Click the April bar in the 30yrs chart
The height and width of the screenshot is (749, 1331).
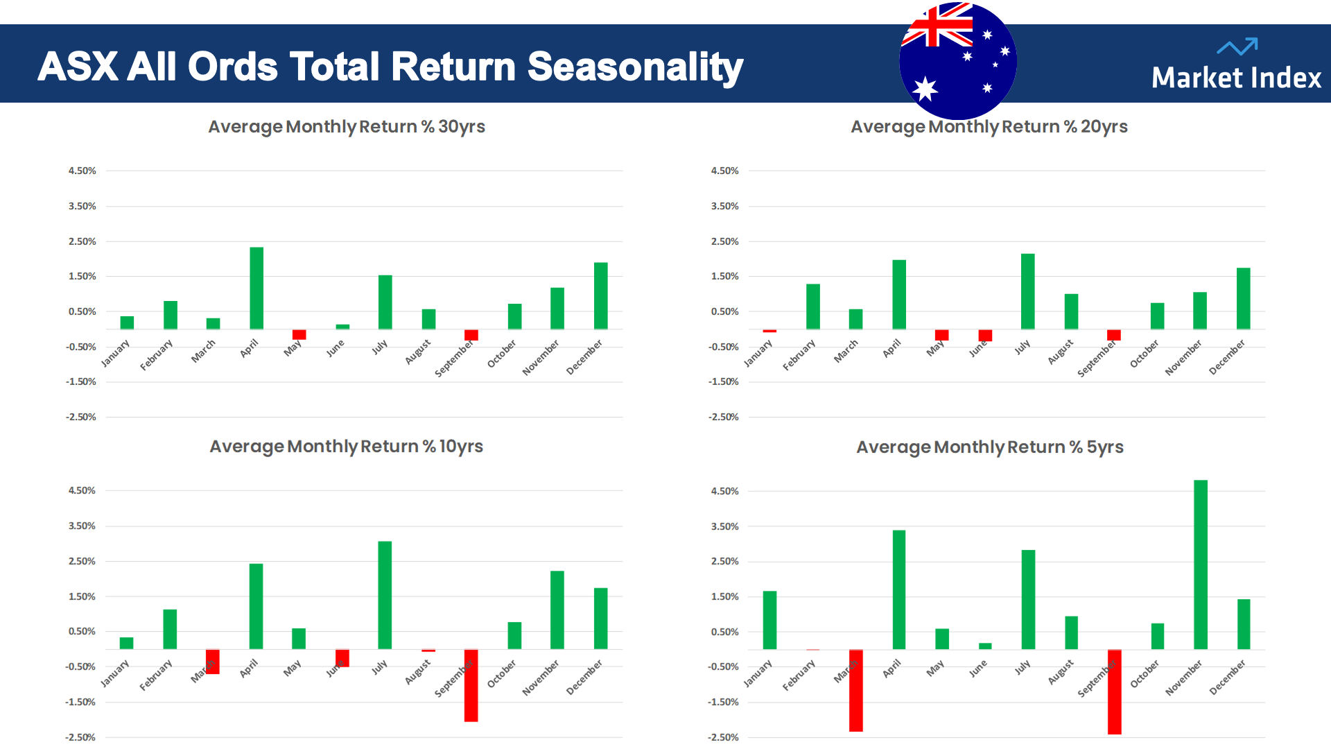256,288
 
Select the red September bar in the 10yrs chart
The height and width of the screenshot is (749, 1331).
471,685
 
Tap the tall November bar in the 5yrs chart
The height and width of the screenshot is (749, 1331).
1201,565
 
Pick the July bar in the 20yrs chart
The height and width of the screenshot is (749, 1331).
1027,291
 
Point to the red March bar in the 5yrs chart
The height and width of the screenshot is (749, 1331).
856,690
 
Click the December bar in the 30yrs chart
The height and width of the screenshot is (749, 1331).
600,295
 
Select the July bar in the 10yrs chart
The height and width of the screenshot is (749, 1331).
385,595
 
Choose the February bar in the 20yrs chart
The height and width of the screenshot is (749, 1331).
813,307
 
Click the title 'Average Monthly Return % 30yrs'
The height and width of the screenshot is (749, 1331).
347,127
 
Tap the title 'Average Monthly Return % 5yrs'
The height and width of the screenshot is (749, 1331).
989,447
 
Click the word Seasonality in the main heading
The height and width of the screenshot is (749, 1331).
635,67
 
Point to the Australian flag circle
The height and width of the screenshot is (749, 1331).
958,61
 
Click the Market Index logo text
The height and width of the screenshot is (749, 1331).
1236,78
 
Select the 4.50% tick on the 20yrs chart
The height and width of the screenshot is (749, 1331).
724,171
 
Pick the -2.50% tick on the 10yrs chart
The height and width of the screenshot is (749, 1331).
80,737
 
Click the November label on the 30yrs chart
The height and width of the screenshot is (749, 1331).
541,358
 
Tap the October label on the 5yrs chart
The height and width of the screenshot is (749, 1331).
1145,673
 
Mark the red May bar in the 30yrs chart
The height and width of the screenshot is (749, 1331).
299,334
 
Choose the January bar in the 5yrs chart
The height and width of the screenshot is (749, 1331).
769,620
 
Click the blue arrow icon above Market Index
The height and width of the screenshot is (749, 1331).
1237,46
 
